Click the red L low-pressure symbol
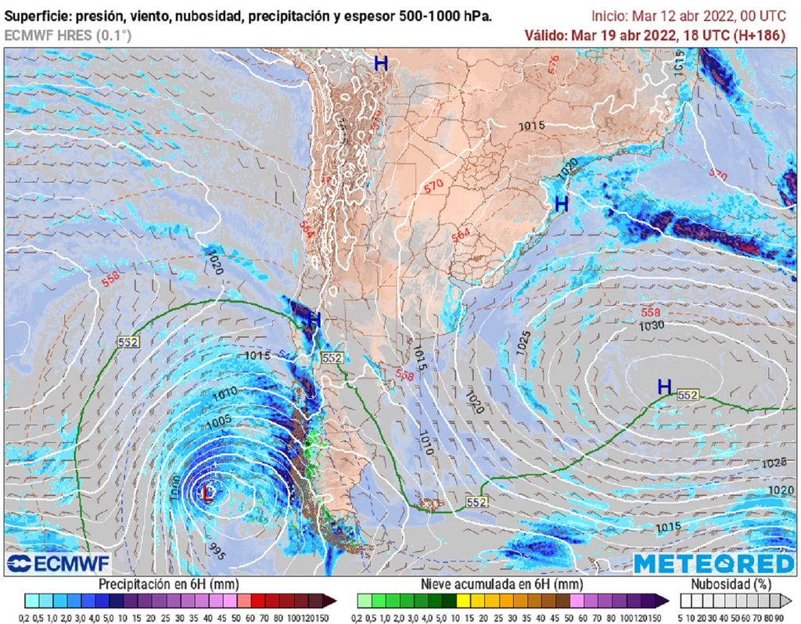pos(208,493)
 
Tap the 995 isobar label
pos(217,551)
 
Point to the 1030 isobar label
pos(652,325)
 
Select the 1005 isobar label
pos(218,423)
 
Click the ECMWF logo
pos(59,563)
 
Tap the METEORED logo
pos(713,564)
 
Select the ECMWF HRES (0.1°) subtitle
pos(68,35)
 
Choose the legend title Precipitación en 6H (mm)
pos(169,584)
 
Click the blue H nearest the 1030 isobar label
pos(664,386)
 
